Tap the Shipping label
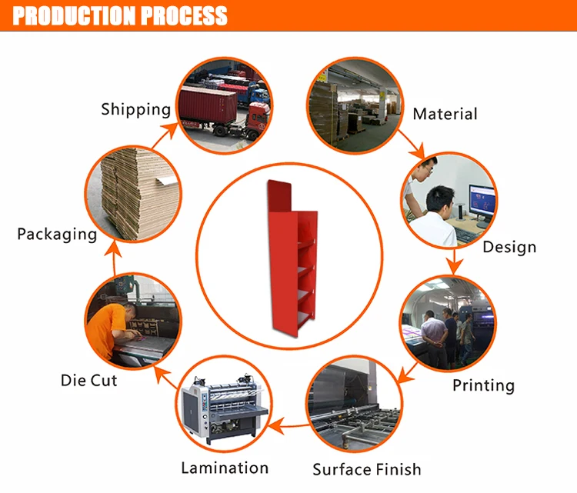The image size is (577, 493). (x=135, y=109)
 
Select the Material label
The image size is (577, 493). (x=445, y=114)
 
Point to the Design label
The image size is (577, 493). (x=509, y=247)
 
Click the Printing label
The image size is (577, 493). (x=483, y=385)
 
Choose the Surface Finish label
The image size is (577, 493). (x=367, y=468)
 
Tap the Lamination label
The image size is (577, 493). (x=225, y=468)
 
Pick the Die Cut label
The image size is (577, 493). (x=88, y=380)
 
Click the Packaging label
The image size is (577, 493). (x=57, y=234)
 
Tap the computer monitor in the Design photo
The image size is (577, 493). (x=482, y=202)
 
